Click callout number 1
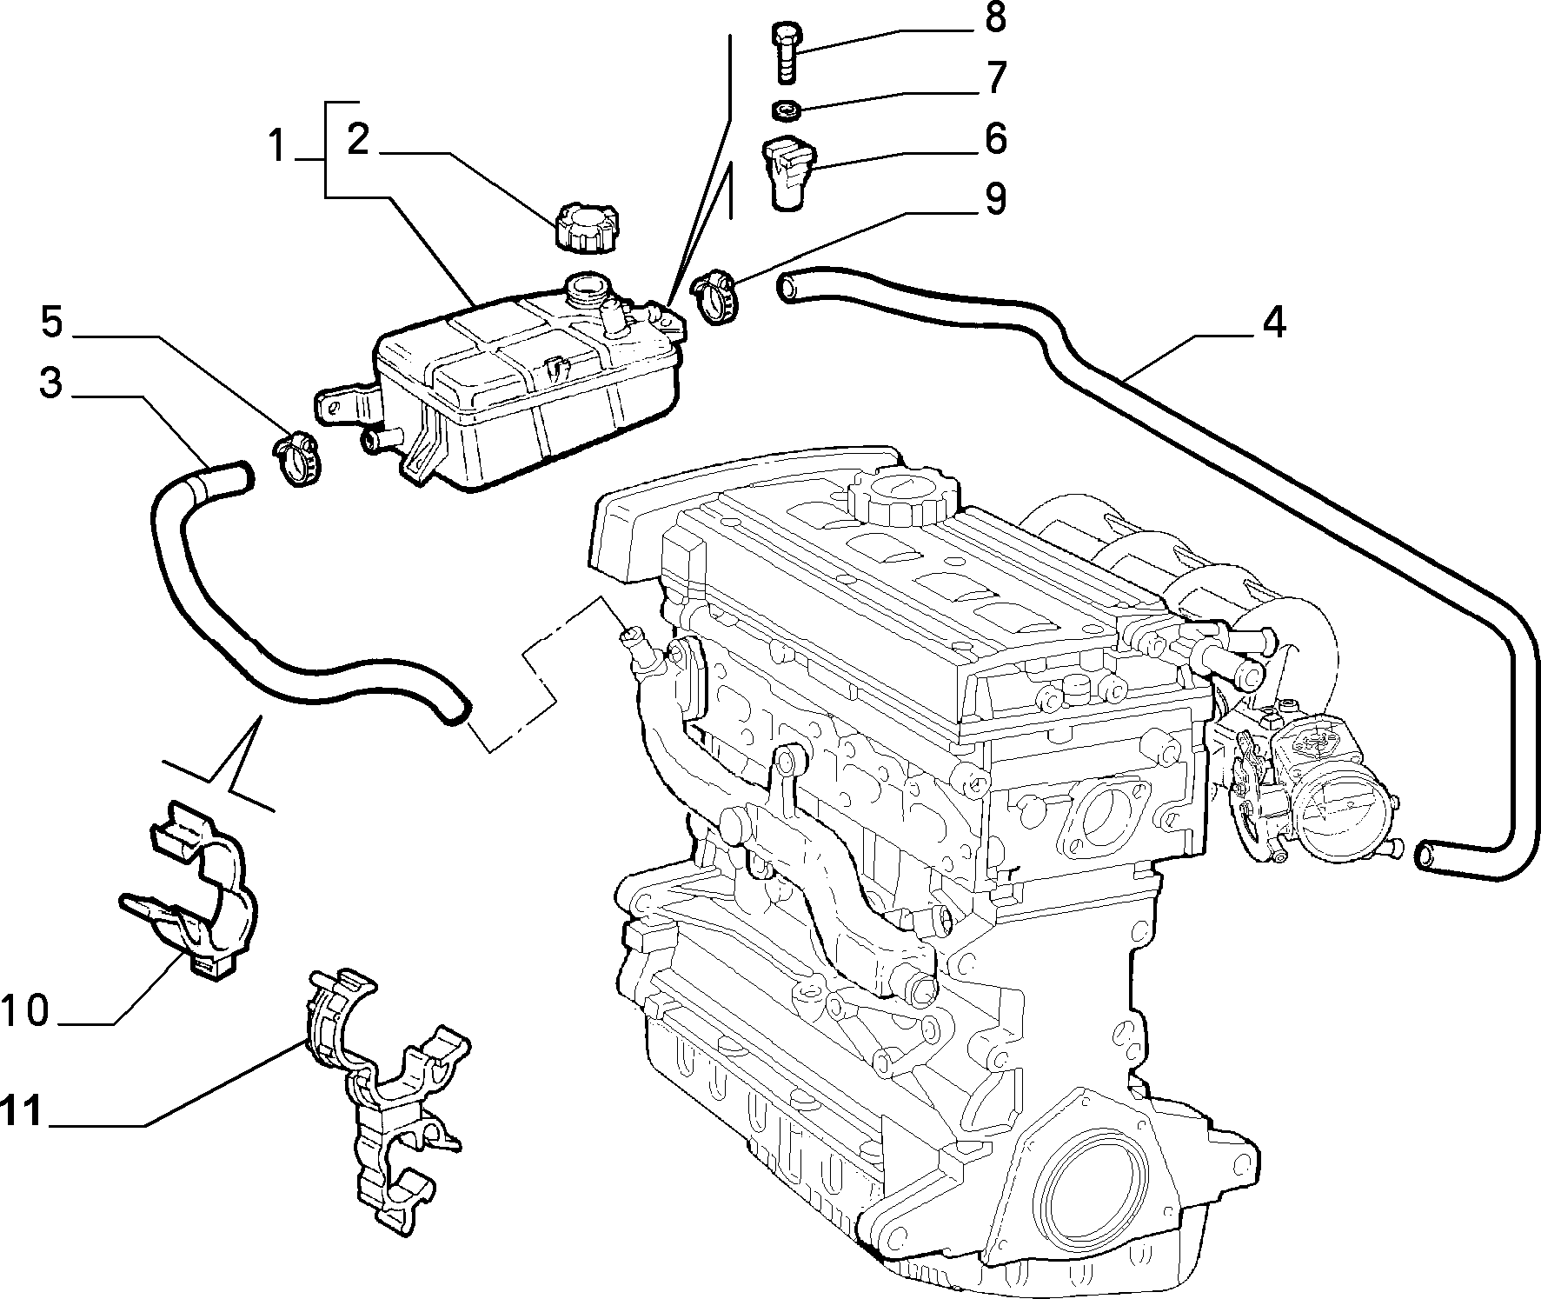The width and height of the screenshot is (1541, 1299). (277, 145)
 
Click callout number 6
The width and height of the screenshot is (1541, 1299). (995, 138)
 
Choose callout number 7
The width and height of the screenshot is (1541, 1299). (996, 77)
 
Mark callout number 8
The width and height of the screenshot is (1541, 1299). (996, 18)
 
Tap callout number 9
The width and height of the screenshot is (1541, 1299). (996, 199)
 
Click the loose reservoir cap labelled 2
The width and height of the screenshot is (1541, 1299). (584, 226)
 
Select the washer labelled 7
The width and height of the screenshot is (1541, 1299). (786, 110)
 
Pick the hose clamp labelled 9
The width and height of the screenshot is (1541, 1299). (715, 297)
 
